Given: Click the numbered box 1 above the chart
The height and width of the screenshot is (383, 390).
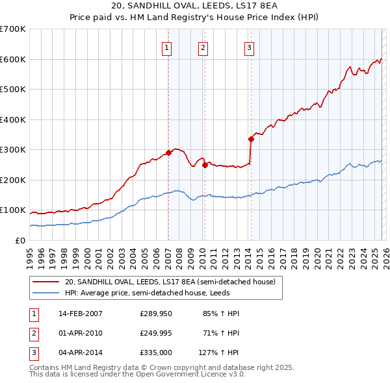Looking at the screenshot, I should point(168,47).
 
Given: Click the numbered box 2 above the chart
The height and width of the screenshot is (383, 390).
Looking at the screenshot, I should point(203,47).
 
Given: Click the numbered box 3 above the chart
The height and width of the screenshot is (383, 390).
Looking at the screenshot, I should point(250,47).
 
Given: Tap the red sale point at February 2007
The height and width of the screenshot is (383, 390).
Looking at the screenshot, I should point(168,153).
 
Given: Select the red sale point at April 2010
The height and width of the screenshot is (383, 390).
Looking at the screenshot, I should point(205,165).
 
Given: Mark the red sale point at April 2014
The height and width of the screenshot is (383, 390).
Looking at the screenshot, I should point(251,139).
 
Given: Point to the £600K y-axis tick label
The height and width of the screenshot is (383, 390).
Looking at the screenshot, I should point(12,59).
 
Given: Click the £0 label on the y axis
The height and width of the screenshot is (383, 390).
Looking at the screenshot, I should point(19,240).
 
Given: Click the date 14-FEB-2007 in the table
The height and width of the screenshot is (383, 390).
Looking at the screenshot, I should point(80,314).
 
